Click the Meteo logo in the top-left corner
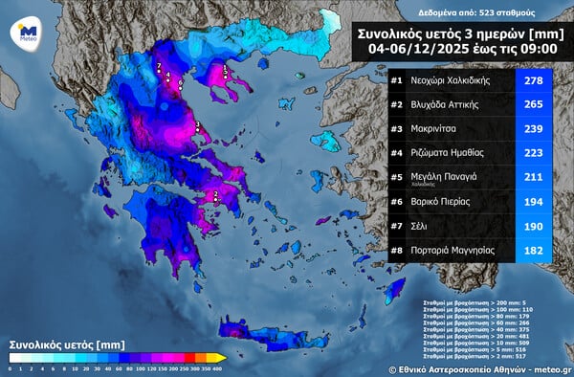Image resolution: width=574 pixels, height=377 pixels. (28, 33)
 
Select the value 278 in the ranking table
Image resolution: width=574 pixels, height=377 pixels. (534, 79)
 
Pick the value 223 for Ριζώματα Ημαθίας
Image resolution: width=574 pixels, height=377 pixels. (534, 151)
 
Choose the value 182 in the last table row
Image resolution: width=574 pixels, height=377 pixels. (534, 248)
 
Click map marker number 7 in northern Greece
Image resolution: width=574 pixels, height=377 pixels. (159, 65)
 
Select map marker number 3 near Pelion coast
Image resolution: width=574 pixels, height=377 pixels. (197, 124)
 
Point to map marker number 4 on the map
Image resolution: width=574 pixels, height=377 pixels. (168, 75)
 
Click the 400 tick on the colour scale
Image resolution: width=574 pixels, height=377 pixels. (218, 367)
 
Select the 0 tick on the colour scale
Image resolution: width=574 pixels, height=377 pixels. (10, 367)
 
